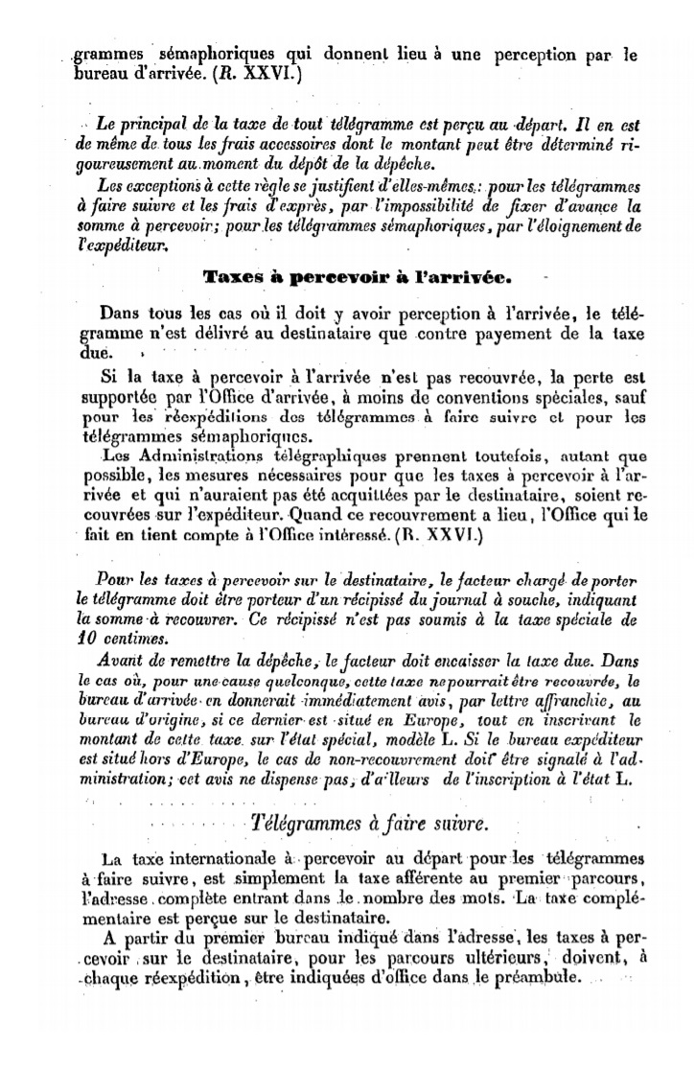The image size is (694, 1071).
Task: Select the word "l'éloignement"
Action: (x=583, y=226)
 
